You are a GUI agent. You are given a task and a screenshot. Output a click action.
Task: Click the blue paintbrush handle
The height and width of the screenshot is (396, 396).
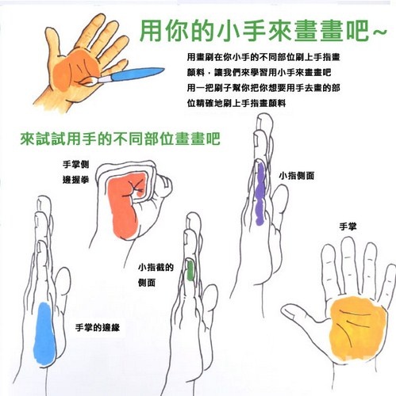click(137, 74)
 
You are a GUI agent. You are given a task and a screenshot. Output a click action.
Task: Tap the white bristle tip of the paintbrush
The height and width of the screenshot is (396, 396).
click(90, 82)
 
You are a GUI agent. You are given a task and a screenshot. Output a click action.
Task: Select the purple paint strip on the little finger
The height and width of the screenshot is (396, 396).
click(260, 194)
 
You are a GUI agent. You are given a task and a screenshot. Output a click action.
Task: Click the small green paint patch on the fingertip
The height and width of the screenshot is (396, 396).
click(190, 270)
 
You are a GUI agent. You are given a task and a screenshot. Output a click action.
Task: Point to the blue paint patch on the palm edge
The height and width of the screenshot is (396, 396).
click(44, 334)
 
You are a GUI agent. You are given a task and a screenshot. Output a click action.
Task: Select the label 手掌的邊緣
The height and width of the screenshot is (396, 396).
click(98, 328)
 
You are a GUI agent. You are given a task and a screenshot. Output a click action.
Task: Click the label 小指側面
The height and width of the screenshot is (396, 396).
click(297, 176)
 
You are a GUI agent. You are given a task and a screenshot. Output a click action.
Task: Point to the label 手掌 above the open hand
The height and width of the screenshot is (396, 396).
click(348, 227)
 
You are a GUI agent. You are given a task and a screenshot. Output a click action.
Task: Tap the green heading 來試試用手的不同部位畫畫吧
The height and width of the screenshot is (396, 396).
click(121, 139)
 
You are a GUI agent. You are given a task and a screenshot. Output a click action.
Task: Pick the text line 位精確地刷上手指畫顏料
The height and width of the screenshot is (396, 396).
click(236, 103)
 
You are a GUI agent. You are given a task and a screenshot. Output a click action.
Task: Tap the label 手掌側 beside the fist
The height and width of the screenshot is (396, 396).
click(75, 165)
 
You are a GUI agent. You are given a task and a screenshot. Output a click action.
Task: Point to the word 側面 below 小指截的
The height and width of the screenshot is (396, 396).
click(147, 283)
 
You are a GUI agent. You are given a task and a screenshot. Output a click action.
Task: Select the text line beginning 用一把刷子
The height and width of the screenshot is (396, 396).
click(263, 88)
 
